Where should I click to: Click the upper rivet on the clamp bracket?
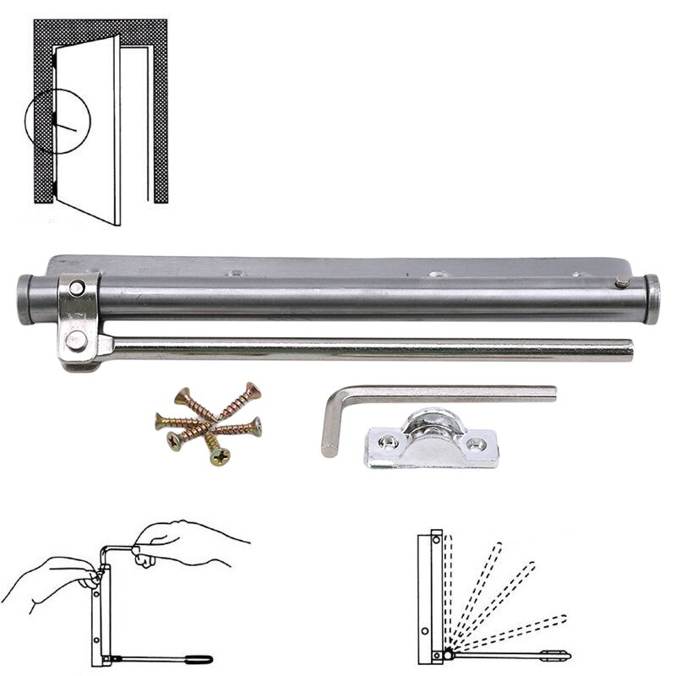click(x=77, y=288)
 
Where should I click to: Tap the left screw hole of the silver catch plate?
click(x=388, y=440)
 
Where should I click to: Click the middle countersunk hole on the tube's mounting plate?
click(x=436, y=275)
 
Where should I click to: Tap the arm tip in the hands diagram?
click(x=207, y=658)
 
